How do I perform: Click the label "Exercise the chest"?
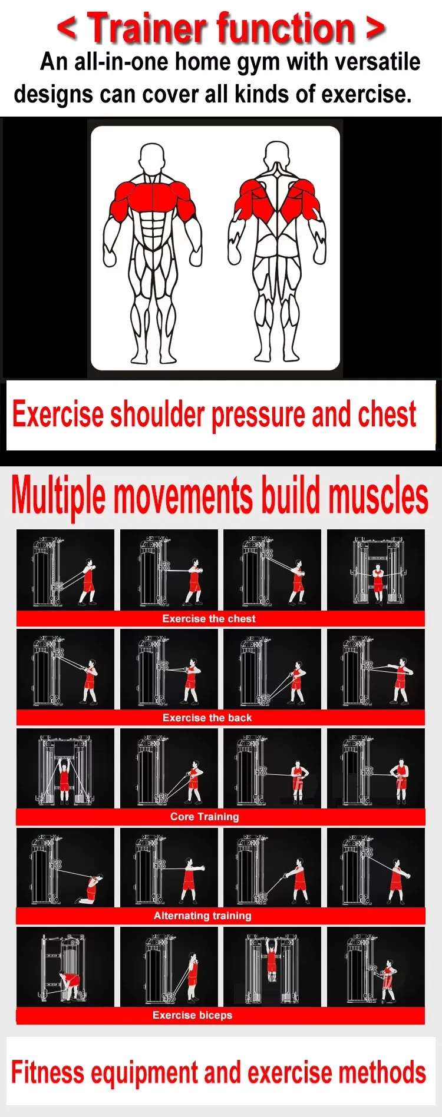pos(209,619)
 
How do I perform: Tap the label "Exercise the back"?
pos(207,718)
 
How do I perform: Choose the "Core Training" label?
pos(204,817)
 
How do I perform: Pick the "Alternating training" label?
pos(203,916)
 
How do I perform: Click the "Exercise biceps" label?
pos(192,1015)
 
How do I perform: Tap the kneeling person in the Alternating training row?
pos(91,889)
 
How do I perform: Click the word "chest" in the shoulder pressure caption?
pos(387,415)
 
